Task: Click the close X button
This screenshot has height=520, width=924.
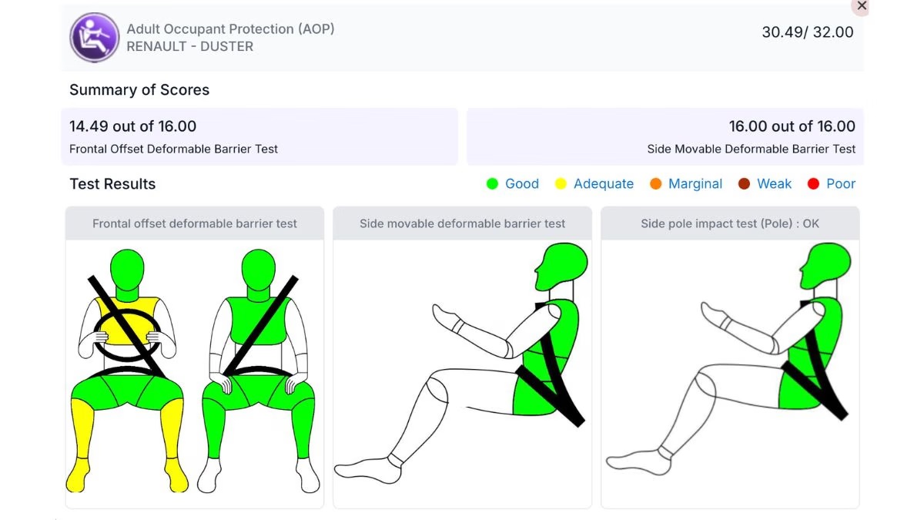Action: click(862, 6)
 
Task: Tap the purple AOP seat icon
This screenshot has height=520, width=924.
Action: click(95, 38)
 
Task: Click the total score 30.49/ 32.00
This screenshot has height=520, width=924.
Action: click(807, 32)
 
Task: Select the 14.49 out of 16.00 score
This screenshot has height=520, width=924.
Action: click(132, 126)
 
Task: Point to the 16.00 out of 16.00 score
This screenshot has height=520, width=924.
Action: click(792, 126)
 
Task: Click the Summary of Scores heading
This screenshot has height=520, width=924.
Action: click(139, 90)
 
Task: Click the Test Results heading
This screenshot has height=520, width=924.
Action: click(112, 184)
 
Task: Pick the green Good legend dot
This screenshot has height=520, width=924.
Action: click(492, 183)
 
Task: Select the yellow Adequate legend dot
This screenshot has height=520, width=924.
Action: click(561, 183)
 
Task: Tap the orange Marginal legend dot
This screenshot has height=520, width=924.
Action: click(655, 183)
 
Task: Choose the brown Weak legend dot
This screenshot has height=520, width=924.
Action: click(744, 183)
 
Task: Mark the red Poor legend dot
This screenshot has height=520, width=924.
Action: click(813, 183)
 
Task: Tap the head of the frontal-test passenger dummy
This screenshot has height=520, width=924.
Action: click(258, 270)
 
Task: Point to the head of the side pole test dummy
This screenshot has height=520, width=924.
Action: click(825, 265)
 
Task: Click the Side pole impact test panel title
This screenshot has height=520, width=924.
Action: click(730, 223)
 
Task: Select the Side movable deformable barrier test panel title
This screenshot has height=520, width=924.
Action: click(462, 223)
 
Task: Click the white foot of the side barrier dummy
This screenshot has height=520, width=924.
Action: click(367, 470)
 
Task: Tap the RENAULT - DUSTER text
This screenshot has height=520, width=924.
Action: click(189, 47)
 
